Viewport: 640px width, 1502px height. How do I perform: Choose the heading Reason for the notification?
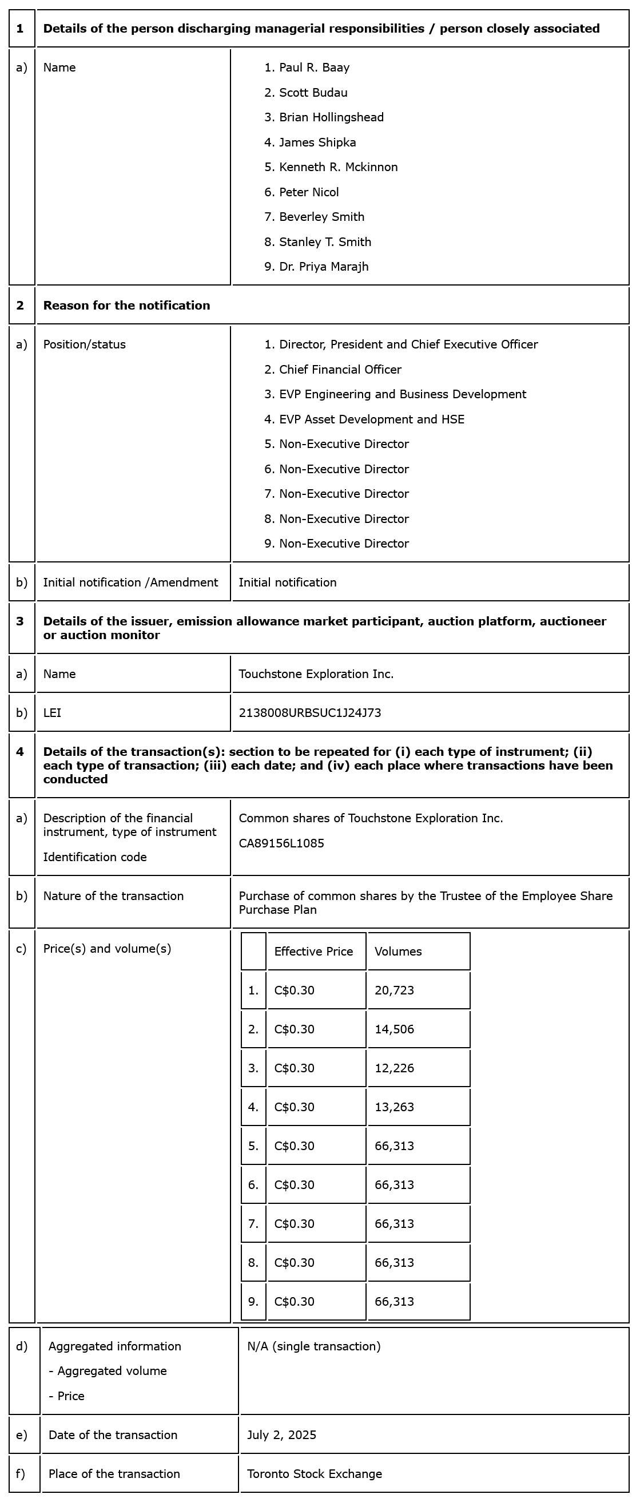[126, 306]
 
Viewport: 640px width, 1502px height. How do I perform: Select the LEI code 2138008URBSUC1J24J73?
[309, 712]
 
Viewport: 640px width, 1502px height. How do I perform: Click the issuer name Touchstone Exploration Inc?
[316, 674]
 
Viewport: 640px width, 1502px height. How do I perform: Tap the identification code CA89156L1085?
[281, 843]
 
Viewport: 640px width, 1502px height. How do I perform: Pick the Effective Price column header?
[313, 952]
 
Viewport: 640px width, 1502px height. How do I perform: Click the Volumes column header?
[398, 952]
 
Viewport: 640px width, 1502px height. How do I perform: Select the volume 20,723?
[394, 990]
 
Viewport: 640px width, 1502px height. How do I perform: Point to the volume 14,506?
[394, 1029]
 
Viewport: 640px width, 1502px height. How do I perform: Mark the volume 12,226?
[394, 1068]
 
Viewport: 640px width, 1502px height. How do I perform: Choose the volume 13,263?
[394, 1107]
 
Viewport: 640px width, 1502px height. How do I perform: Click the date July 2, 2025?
[281, 1435]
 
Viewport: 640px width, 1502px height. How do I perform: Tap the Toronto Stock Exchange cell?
[314, 1474]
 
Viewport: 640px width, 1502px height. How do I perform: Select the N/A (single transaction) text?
[313, 1346]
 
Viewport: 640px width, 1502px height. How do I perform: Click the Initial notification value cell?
[287, 582]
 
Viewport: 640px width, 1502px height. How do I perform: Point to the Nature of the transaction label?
[113, 896]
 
